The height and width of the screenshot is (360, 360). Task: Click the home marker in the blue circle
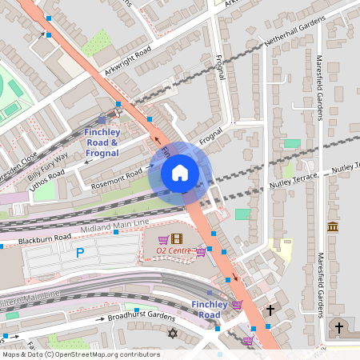[x=179, y=173]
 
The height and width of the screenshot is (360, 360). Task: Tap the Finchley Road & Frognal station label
[x=102, y=142]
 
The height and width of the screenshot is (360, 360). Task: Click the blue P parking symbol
[x=79, y=253]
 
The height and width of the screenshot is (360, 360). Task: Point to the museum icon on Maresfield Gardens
[x=332, y=227]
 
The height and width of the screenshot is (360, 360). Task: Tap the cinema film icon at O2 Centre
[x=177, y=238]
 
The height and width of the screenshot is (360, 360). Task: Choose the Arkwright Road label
[x=127, y=62]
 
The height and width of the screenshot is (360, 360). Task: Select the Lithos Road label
[x=46, y=177]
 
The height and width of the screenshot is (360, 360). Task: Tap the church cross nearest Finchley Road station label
[x=270, y=310]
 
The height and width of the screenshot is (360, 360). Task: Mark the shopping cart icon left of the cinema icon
[x=163, y=239]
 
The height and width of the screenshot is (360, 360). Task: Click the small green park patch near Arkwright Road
[x=97, y=42]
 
